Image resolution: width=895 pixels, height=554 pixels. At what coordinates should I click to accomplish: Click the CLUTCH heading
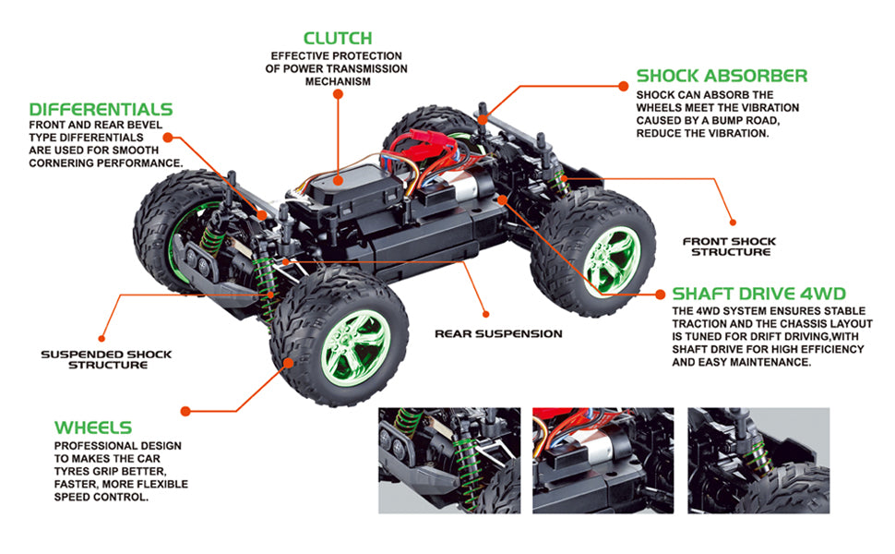pyautogui.click(x=338, y=39)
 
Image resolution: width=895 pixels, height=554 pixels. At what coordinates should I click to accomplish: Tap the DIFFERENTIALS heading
pyautogui.click(x=101, y=110)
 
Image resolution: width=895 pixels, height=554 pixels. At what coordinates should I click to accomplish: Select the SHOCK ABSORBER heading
pyautogui.click(x=722, y=76)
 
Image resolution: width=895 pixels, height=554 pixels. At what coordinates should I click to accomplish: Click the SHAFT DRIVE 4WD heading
pyautogui.click(x=758, y=295)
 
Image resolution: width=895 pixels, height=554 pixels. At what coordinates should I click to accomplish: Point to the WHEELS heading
pyautogui.click(x=93, y=428)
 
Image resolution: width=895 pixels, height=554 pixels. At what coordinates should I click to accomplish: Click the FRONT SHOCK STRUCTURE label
pyautogui.click(x=730, y=247)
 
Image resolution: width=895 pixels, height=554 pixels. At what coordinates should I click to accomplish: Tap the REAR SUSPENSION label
pyautogui.click(x=498, y=333)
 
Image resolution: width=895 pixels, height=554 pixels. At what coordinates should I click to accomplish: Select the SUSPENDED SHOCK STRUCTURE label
pyautogui.click(x=106, y=359)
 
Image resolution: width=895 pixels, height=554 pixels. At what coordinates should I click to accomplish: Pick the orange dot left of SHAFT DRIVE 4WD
pyautogui.click(x=660, y=295)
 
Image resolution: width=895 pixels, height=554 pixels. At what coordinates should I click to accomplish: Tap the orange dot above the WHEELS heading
pyautogui.click(x=185, y=409)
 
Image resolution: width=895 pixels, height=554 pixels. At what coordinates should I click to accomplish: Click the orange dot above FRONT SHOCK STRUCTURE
pyautogui.click(x=733, y=221)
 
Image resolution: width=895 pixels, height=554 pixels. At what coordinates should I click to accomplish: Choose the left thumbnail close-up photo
pyautogui.click(x=449, y=460)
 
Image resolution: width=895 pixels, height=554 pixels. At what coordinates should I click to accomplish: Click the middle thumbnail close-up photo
pyautogui.click(x=603, y=460)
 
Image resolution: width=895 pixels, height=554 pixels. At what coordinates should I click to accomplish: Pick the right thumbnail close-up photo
pyautogui.click(x=758, y=460)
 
